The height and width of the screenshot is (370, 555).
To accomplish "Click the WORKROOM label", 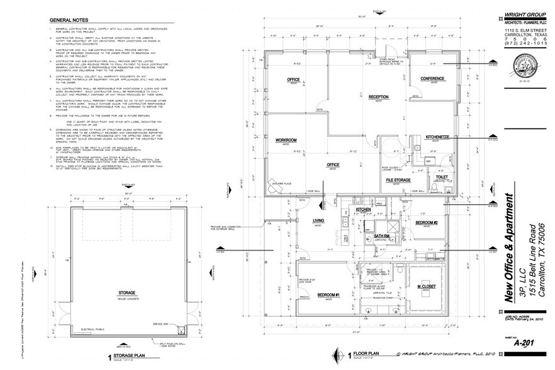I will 286,141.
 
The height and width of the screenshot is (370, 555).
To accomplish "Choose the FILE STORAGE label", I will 398,180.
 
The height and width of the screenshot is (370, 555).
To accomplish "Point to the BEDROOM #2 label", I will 427,223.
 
